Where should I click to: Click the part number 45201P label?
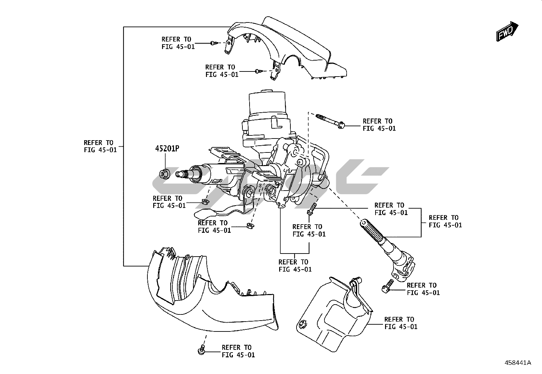tap(167, 148)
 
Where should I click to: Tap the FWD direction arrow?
tap(507, 31)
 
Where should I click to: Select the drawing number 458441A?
tap(518, 363)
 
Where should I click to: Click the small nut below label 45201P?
tap(164, 174)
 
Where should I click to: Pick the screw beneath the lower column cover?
tap(201, 350)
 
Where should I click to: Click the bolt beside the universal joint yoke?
tap(387, 286)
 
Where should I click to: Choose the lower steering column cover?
tap(210, 290)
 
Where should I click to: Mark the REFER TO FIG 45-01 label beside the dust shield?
tap(401, 323)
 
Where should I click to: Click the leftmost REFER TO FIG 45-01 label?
tap(100, 146)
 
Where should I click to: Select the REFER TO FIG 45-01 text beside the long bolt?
tap(379, 125)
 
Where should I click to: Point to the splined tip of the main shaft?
tap(182, 174)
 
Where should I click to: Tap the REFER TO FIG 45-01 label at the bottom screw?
tap(238, 351)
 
